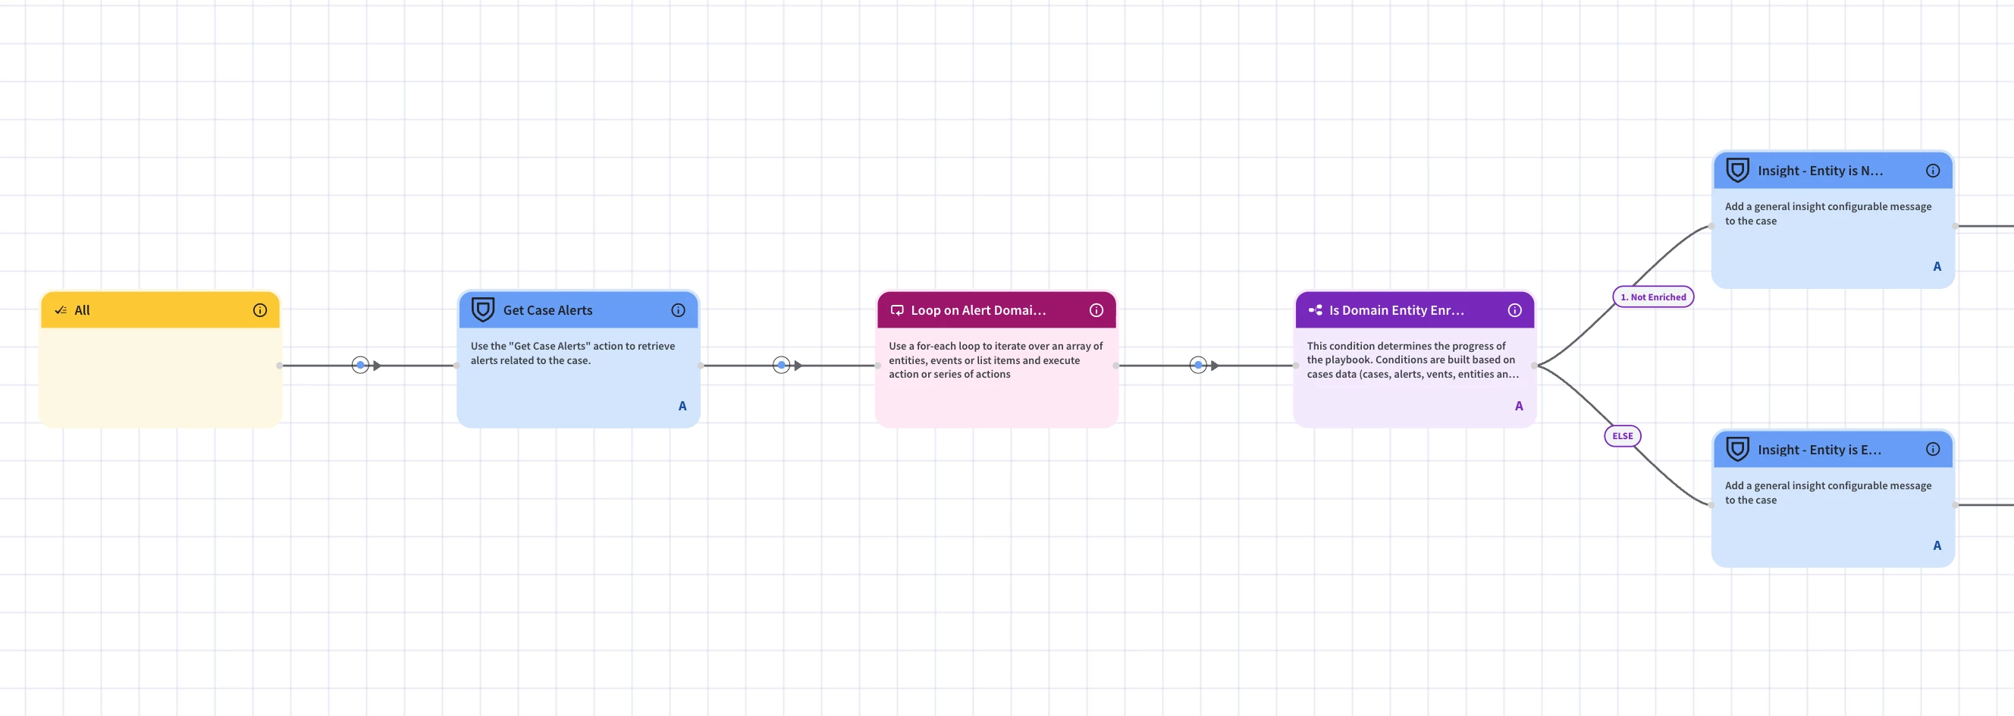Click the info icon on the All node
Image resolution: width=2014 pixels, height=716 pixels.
tap(260, 310)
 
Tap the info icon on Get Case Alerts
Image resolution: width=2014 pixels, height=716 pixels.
tap(679, 310)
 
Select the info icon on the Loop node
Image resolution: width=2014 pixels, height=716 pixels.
tap(1097, 310)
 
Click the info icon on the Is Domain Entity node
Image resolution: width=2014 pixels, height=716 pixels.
tap(1515, 310)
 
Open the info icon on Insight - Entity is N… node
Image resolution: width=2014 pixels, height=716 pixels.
tap(1934, 171)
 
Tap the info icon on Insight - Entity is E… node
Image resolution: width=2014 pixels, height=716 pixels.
tap(1934, 450)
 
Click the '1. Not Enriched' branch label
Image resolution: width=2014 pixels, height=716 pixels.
tap(1654, 297)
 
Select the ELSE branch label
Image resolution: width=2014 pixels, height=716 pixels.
tap(1623, 436)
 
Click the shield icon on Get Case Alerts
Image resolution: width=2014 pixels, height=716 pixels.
tap(483, 309)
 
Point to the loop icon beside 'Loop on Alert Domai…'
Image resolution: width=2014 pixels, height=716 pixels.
tap(898, 310)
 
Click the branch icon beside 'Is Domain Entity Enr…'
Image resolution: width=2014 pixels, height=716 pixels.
tap(1316, 310)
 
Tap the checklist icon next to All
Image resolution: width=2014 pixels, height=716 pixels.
tap(61, 310)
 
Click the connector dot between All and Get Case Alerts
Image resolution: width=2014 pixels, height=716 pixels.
tap(360, 365)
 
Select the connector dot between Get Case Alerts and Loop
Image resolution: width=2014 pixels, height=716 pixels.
tap(781, 365)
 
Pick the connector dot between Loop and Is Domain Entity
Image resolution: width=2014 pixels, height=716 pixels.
tap(1199, 365)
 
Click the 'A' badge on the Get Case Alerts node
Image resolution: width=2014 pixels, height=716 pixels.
tap(682, 407)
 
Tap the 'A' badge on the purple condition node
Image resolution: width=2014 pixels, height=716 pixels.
tap(1519, 407)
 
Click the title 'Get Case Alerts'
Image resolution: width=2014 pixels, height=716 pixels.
tap(548, 310)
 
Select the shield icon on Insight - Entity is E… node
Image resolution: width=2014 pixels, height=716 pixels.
tap(1737, 449)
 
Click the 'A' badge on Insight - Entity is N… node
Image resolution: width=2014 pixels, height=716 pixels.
tap(1937, 266)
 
